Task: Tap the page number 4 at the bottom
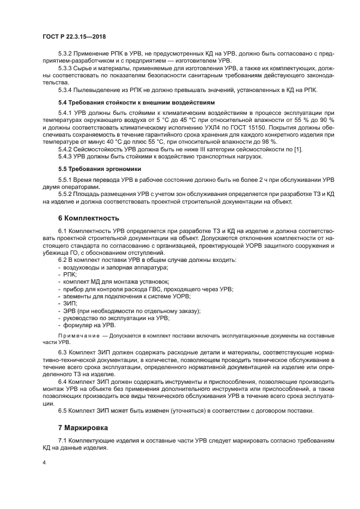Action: [x=44, y=462]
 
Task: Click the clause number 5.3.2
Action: [x=65, y=54]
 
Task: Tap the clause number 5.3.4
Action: [x=65, y=90]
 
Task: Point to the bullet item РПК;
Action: [x=70, y=274]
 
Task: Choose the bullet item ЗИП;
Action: [x=70, y=303]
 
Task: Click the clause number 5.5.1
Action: [x=65, y=179]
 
